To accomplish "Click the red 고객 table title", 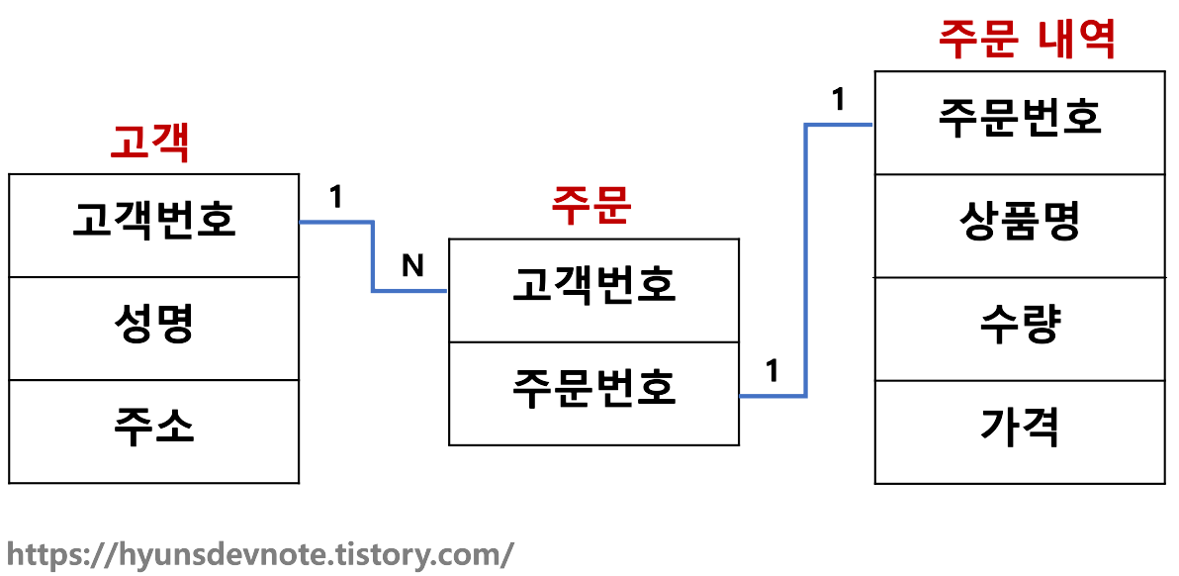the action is pyautogui.click(x=149, y=144).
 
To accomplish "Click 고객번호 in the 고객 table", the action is pyautogui.click(x=154, y=221).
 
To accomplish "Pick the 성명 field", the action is pyautogui.click(x=154, y=325).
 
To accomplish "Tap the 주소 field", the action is pyautogui.click(x=154, y=427).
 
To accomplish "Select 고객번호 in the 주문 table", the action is pyautogui.click(x=593, y=286).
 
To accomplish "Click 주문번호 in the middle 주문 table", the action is pyautogui.click(x=593, y=388).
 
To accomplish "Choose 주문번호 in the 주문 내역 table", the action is pyautogui.click(x=1020, y=118).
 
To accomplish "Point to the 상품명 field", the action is pyautogui.click(x=1020, y=222).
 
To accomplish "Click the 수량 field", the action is pyautogui.click(x=1020, y=325).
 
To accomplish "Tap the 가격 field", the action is pyautogui.click(x=1020, y=428).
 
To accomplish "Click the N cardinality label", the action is pyautogui.click(x=413, y=265).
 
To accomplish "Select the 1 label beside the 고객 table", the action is pyautogui.click(x=336, y=198).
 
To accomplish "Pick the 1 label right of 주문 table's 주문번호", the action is pyautogui.click(x=772, y=371).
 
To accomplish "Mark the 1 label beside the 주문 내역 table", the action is pyautogui.click(x=839, y=100).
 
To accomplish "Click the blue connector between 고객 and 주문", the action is pyautogui.click(x=373, y=256).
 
